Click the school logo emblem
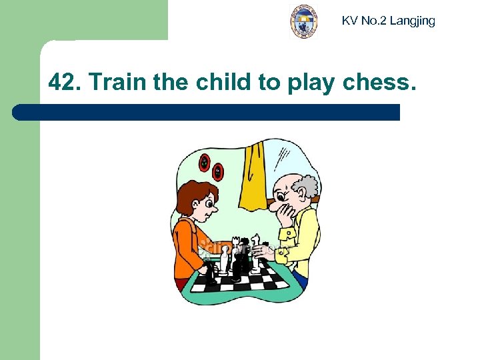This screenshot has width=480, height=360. click(304, 21)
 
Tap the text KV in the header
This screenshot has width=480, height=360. click(349, 21)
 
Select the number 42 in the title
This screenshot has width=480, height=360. click(63, 83)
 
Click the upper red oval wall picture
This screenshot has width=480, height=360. click(205, 162)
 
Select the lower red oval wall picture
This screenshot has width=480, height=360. click(218, 171)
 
